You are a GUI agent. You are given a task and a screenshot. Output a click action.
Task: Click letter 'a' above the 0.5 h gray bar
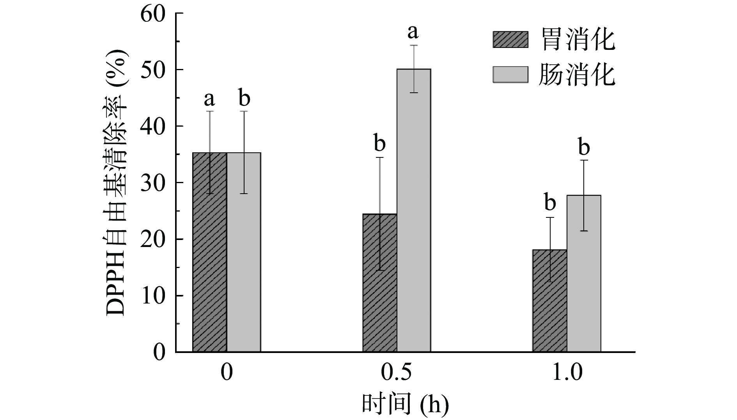tap(413, 32)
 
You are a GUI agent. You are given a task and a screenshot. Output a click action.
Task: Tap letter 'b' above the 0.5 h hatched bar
tap(379, 143)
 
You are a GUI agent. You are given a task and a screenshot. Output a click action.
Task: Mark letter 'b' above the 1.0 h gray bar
tap(584, 147)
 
